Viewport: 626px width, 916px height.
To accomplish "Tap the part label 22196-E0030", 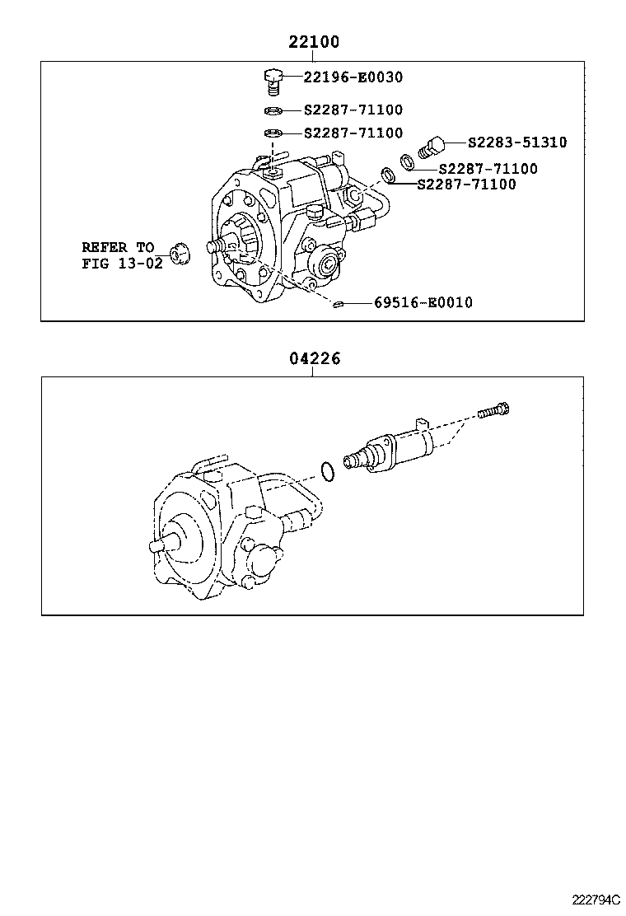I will pos(353,77).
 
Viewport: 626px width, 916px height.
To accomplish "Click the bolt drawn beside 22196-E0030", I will pos(273,81).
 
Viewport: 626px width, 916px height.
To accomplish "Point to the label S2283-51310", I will pos(516,143).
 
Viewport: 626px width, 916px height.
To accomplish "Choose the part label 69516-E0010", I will pos(423,303).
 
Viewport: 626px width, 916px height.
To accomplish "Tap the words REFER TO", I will pos(117,247).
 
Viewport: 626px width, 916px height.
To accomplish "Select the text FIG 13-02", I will pos(122,264).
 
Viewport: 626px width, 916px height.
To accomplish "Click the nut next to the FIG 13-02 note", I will pos(179,255).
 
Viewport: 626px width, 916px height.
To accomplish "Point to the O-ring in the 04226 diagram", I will pos(327,472).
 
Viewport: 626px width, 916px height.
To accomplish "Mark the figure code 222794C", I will pos(596,899).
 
